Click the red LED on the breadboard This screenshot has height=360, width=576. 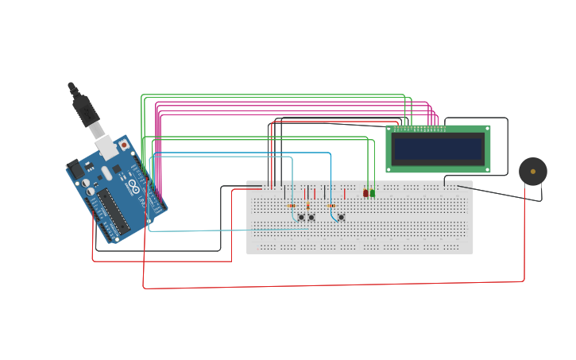click(365, 193)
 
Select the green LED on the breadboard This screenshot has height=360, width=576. click(372, 193)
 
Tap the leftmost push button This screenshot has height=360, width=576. click(300, 217)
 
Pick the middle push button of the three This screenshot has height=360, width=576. click(311, 217)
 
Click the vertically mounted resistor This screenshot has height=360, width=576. click(307, 206)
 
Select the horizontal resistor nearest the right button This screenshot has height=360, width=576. click(331, 206)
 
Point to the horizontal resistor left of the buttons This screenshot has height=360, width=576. click(291, 206)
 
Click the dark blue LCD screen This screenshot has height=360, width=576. click(438, 149)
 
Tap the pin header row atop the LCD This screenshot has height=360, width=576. click(419, 129)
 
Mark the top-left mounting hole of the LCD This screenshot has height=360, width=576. click(390, 129)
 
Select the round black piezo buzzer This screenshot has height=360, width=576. click(532, 172)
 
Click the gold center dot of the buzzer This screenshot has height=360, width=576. click(533, 171)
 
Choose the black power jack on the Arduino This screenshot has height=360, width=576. click(75, 169)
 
